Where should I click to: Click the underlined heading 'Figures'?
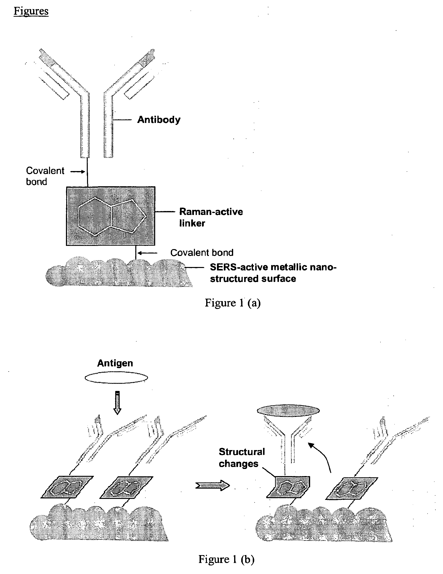31,11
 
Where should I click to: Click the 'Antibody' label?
159,120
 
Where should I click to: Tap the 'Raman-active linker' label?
211,217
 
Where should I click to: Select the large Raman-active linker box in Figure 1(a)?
111,216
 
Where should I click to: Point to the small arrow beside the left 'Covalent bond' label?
78,172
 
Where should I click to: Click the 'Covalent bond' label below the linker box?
202,253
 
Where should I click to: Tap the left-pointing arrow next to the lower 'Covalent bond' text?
148,253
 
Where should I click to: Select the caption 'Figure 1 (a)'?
232,303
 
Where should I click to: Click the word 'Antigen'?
115,363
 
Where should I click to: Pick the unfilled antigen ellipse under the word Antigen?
116,378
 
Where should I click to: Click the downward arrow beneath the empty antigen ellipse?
117,402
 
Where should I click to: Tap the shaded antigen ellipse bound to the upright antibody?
288,410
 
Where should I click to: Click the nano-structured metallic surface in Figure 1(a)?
118,273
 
